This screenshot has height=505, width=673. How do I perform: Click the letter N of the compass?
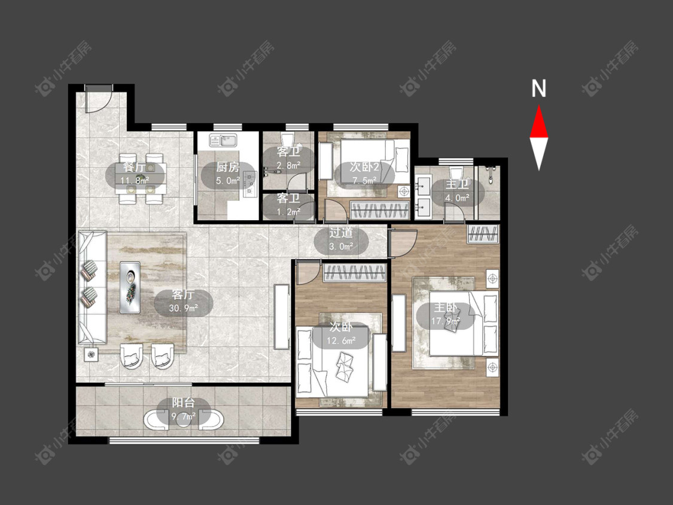click(538, 89)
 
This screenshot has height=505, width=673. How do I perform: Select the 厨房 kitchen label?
click(228, 167)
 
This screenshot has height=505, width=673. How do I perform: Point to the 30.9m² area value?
click(183, 308)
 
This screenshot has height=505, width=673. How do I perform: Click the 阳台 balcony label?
click(183, 403)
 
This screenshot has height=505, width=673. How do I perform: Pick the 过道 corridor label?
click(341, 233)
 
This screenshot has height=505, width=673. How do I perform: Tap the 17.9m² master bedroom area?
click(446, 321)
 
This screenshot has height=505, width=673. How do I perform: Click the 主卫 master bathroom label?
click(457, 184)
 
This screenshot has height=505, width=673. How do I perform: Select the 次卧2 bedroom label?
click(364, 166)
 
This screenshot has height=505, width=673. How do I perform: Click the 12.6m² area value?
click(341, 341)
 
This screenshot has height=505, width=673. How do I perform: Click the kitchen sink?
click(223, 141)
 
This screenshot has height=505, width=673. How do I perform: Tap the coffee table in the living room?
click(130, 287)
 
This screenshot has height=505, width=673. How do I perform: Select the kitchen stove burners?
click(250, 184)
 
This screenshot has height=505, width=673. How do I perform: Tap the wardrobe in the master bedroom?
click(483, 234)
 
